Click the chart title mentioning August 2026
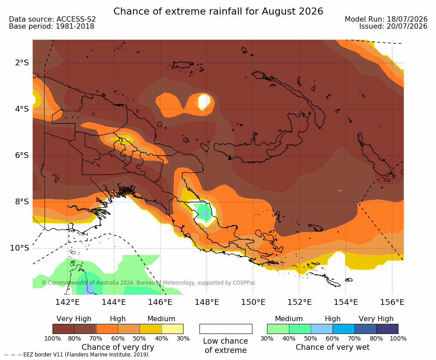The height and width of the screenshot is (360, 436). pyautogui.click(x=218, y=11)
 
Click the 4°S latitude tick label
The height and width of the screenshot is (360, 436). pyautogui.click(x=22, y=109)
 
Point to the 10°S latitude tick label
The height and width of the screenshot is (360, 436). pyautogui.click(x=19, y=247)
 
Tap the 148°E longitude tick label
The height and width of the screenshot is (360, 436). pyautogui.click(x=207, y=302)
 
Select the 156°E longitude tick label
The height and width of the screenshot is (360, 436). pyautogui.click(x=392, y=302)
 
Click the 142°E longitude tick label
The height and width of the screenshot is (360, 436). pyautogui.click(x=68, y=302)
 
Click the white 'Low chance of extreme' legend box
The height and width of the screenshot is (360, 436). pyautogui.click(x=226, y=329)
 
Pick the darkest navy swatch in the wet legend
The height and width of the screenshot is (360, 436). pyautogui.click(x=387, y=329)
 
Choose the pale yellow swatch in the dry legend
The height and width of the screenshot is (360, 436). pyautogui.click(x=173, y=329)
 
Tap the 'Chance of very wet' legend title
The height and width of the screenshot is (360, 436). pyautogui.click(x=333, y=347)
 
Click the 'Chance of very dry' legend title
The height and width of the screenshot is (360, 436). pyautogui.click(x=118, y=347)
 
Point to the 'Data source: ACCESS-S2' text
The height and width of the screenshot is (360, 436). pyautogui.click(x=52, y=19)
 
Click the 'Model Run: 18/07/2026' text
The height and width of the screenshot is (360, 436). pyautogui.click(x=386, y=19)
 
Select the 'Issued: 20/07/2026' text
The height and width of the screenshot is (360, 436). pyautogui.click(x=393, y=26)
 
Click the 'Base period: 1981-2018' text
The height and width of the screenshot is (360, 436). pyautogui.click(x=52, y=26)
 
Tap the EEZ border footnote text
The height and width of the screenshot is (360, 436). pyautogui.click(x=77, y=355)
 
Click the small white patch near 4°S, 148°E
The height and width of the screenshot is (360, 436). pyautogui.click(x=204, y=102)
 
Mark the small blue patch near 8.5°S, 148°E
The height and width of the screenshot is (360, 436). pyautogui.click(x=204, y=214)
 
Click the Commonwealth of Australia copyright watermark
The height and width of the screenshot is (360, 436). pyautogui.click(x=148, y=283)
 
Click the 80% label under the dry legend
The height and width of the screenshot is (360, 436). pyautogui.click(x=74, y=338)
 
